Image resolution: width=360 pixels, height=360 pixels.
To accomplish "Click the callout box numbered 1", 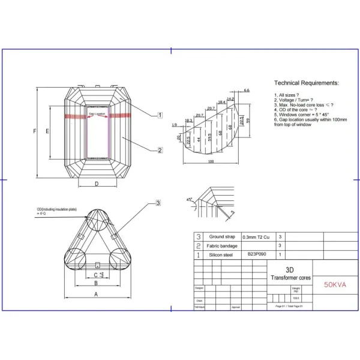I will [160, 115].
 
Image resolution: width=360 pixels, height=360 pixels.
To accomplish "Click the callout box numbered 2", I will [160, 150].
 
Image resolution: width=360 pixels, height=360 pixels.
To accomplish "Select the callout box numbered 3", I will [158, 203].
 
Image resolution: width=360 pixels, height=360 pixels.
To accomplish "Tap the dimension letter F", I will [35, 130].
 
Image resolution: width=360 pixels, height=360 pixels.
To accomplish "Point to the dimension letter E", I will [47, 130].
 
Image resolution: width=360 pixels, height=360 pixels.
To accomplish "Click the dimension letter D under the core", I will [97, 185].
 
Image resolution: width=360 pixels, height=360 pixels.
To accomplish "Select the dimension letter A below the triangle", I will [96, 294].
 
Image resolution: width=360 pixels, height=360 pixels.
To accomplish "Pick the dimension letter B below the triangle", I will [96, 283].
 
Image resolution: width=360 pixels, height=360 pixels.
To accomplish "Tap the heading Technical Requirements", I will [306, 83].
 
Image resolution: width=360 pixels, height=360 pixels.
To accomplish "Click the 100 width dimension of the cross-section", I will [211, 161].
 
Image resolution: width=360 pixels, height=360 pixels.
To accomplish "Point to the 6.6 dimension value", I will [246, 90].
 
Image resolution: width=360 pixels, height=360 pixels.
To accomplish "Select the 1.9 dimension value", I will [174, 125].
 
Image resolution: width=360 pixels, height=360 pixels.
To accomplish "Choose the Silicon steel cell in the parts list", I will [220, 254].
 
